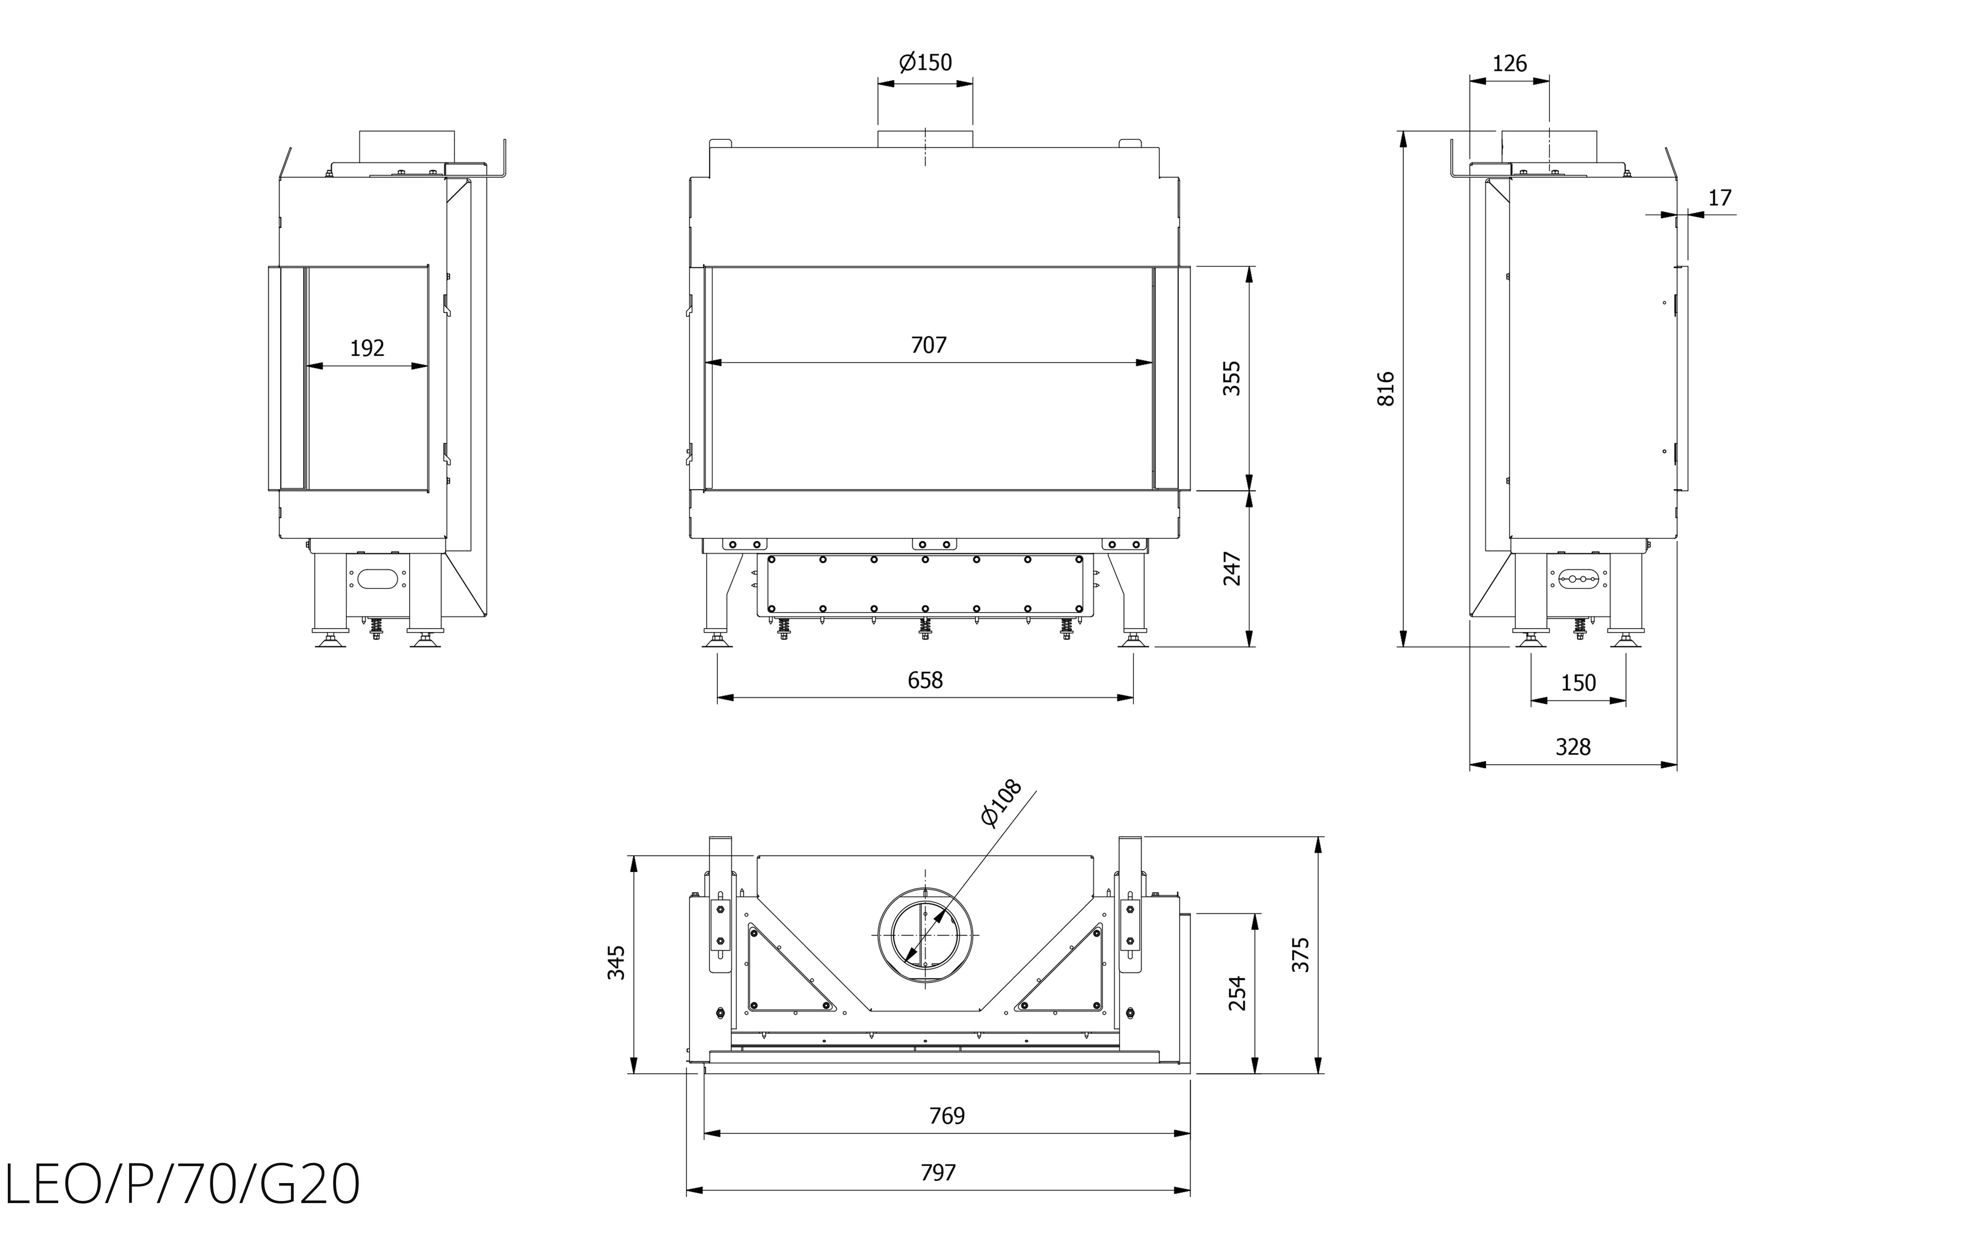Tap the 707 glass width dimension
pos(928,345)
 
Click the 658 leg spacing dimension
pos(925,680)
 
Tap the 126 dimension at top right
pos(1509,63)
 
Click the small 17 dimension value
pos(1720,197)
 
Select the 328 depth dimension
pos(1572,747)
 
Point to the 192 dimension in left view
pos(367,349)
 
